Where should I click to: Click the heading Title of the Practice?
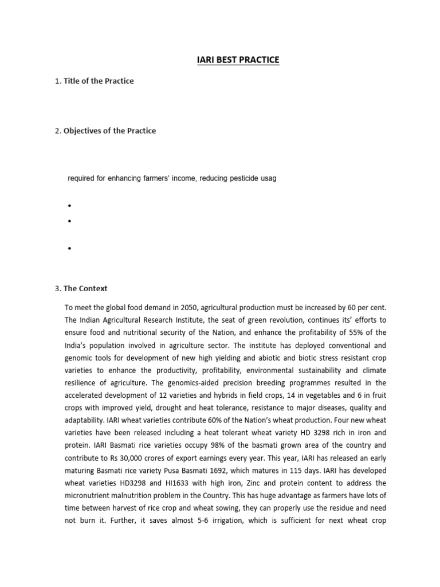coord(99,81)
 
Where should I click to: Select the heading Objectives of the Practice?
coord(109,131)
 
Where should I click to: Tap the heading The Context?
coord(85,288)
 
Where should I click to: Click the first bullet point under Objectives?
coord(69,205)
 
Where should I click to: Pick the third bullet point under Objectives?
coord(69,249)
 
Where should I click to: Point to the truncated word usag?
coord(268,178)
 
